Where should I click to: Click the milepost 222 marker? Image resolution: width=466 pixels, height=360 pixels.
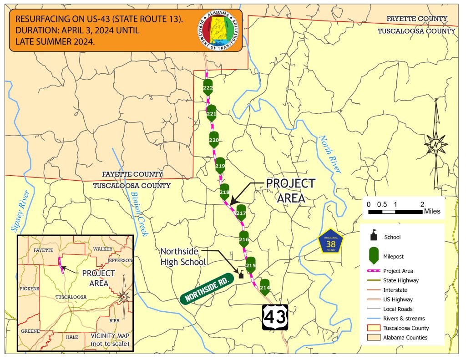(208, 88)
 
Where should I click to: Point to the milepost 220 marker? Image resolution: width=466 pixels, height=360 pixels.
(214, 140)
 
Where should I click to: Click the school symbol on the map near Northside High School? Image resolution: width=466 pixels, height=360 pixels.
(241, 274)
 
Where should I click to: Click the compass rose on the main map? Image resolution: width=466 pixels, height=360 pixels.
(436, 145)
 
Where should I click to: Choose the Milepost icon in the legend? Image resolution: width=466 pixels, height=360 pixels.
(374, 256)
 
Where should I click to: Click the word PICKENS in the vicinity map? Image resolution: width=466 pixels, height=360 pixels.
(30, 289)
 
